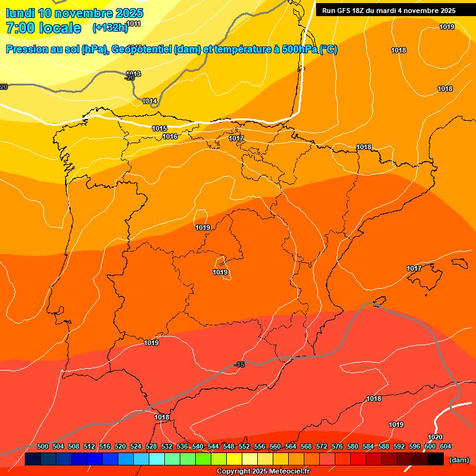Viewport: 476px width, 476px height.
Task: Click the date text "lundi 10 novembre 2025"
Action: pos(74,13)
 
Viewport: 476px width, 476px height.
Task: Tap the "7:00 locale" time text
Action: pos(43,28)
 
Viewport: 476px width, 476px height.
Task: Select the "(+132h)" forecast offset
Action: pos(109,28)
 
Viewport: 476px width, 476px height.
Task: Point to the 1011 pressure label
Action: pos(134,24)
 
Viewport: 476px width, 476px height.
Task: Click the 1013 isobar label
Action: pos(133,74)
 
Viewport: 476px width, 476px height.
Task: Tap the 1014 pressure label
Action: pos(149,101)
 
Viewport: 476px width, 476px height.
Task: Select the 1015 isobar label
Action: pos(159,128)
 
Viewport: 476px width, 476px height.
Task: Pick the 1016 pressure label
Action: pos(170,136)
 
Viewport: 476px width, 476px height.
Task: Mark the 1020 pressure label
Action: pos(435,437)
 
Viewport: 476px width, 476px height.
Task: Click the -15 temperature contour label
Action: pos(240,365)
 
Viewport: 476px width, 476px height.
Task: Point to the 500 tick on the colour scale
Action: pos(43,446)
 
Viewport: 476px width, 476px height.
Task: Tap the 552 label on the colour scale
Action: pos(244,446)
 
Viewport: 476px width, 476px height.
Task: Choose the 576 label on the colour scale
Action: pos(337,446)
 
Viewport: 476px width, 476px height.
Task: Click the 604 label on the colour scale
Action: pos(445,446)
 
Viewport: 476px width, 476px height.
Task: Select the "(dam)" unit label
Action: pos(459,460)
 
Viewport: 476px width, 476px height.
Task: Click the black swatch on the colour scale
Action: pos(436,459)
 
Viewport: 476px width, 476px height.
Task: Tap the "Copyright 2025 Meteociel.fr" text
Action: pos(263,471)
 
